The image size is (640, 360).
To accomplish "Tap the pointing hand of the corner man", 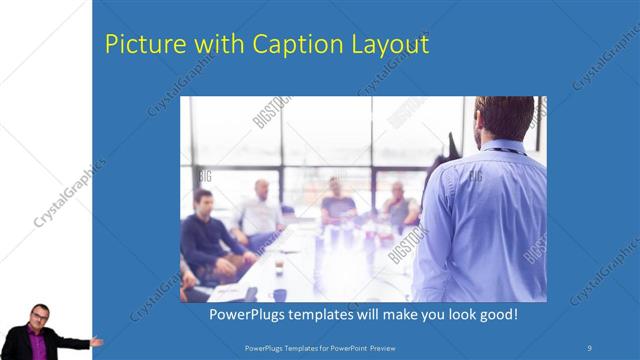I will [x=96, y=341].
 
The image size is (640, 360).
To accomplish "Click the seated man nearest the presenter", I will [x=401, y=208].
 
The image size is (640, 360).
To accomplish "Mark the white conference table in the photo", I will [x=300, y=265].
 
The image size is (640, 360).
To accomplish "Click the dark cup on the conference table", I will [x=280, y=294].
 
